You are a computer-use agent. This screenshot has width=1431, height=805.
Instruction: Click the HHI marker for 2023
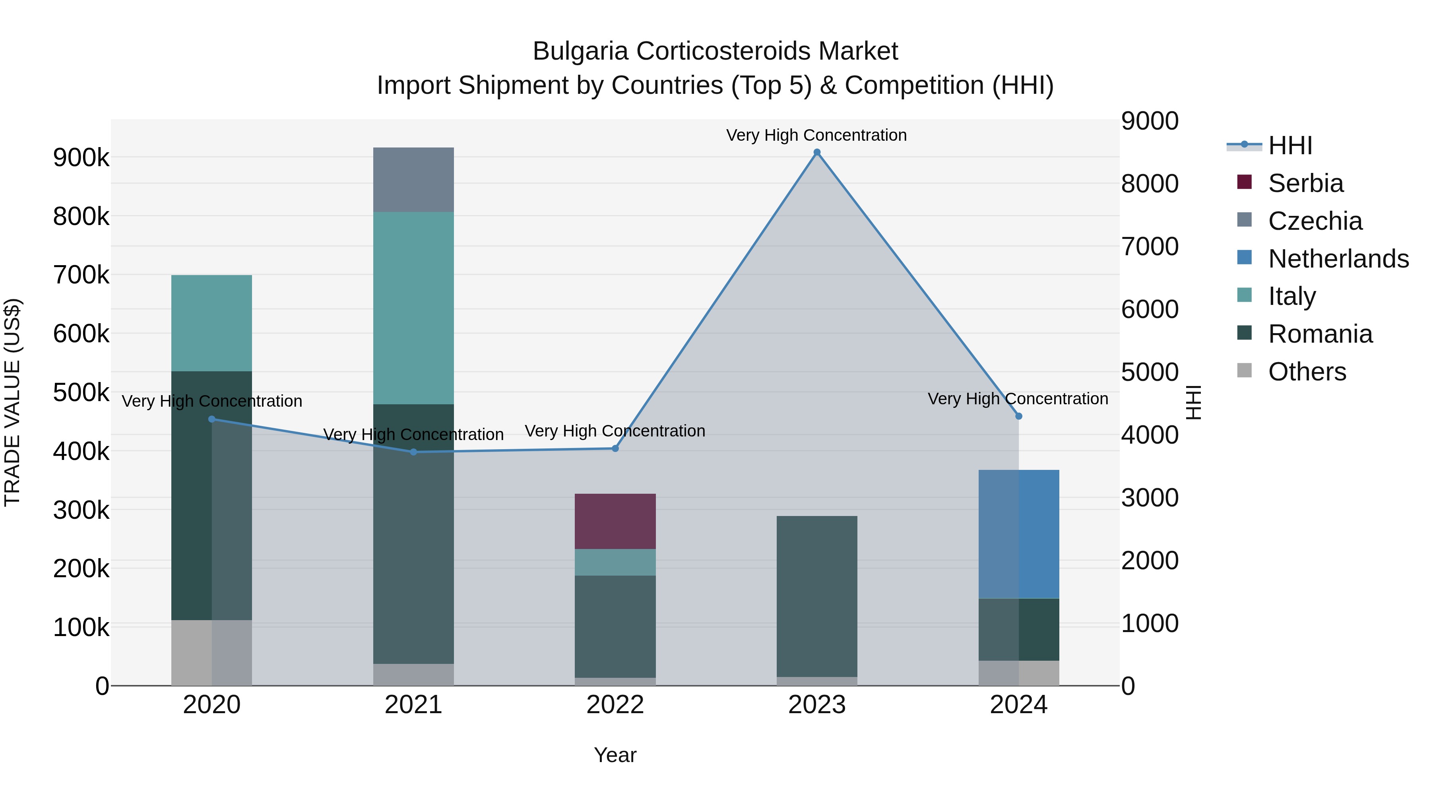[x=816, y=152]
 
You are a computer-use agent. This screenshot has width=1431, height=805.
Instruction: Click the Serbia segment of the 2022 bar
[x=615, y=521]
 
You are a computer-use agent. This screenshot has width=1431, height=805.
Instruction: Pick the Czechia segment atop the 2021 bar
[x=413, y=179]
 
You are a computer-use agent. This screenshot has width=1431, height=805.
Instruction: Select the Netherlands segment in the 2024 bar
[x=1018, y=534]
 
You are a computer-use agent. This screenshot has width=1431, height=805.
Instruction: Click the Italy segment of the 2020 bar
[x=211, y=323]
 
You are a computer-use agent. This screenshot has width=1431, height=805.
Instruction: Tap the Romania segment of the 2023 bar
[x=816, y=596]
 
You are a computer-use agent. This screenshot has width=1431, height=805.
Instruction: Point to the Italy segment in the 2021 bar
[x=413, y=308]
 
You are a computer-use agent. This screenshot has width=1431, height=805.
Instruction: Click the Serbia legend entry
[x=1305, y=183]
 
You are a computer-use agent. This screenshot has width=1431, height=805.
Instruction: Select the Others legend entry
[x=1307, y=372]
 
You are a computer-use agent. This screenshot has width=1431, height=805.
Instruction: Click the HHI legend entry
[x=1290, y=145]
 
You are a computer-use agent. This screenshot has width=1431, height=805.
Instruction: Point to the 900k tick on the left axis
[x=81, y=158]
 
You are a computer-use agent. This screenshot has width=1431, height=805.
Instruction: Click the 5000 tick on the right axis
[x=1149, y=372]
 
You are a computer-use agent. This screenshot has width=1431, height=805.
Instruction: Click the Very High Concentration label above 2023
[x=816, y=135]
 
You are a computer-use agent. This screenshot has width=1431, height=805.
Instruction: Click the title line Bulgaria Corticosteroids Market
[x=715, y=51]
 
